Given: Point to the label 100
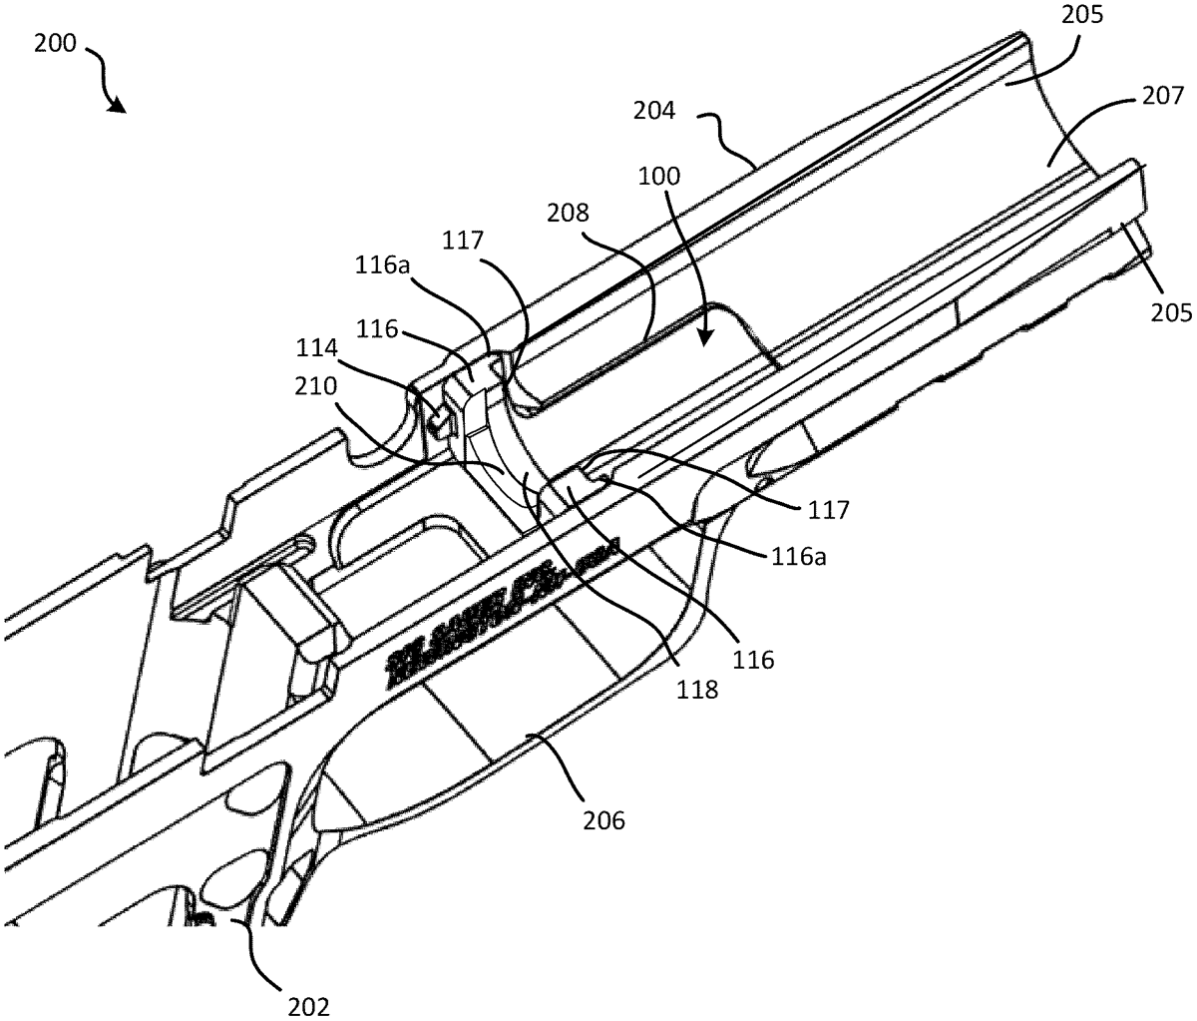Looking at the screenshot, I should tap(660, 179).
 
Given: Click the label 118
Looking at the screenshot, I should tap(695, 689).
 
